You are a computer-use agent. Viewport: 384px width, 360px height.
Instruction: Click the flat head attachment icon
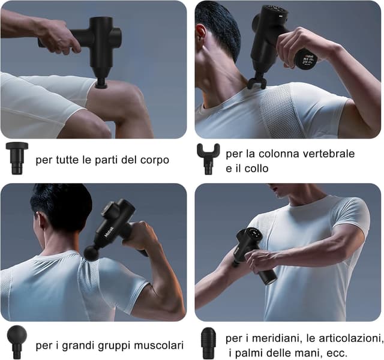pyautogui.click(x=17, y=157)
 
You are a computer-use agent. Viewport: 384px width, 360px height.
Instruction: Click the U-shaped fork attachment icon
pyautogui.click(x=208, y=158)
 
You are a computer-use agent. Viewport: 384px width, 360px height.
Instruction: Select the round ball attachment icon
pyautogui.click(x=17, y=341)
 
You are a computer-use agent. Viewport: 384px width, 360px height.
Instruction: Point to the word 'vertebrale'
pyautogui.click(x=328, y=154)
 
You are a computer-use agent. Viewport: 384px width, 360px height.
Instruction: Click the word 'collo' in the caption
pyautogui.click(x=252, y=169)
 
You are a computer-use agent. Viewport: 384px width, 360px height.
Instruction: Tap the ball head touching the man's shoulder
pyautogui.click(x=91, y=253)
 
